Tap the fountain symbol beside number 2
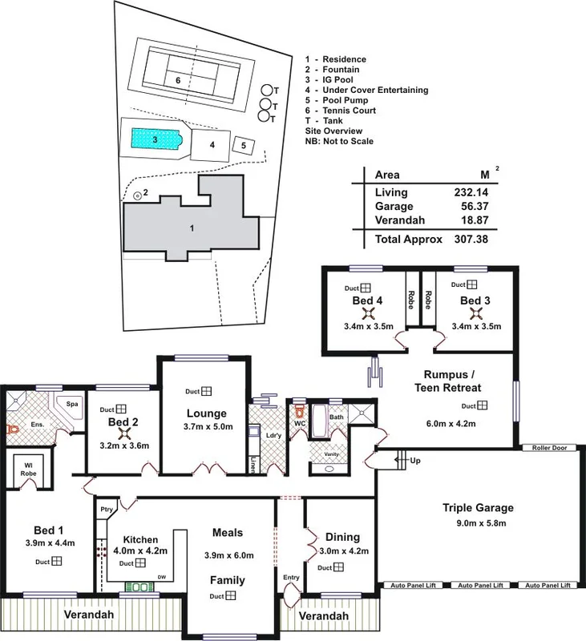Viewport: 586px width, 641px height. [137, 195]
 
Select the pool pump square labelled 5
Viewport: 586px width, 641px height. [245, 146]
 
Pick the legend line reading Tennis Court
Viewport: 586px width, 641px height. [336, 111]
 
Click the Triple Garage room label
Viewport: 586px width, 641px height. [478, 508]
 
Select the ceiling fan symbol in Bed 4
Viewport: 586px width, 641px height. [366, 313]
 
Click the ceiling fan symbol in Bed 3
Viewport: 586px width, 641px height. [475, 313]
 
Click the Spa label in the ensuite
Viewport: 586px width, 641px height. [71, 404]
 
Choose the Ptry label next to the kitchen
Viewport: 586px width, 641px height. [107, 509]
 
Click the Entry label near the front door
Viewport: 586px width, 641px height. [290, 577]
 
